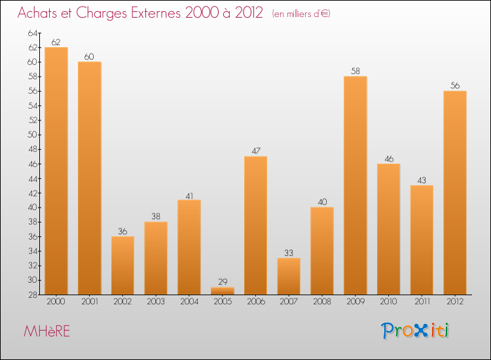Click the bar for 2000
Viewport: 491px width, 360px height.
pos(56,170)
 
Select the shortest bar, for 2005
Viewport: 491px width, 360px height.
pos(223,291)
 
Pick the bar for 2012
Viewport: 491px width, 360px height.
pos(455,192)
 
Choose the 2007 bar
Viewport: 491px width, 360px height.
pos(289,276)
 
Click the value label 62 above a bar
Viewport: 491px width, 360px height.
pos(56,42)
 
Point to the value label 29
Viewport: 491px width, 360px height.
pos(223,282)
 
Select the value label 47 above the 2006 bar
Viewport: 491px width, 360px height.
pos(256,151)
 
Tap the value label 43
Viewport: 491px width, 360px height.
pos(422,180)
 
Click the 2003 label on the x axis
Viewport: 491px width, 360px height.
pos(156,301)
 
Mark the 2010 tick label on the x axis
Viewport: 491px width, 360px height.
pos(388,301)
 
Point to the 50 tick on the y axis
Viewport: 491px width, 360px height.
pos(33,135)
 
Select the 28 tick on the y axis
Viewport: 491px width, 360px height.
pos(33,295)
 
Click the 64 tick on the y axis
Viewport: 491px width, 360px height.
pos(33,33)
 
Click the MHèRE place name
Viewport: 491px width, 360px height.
pos(46,331)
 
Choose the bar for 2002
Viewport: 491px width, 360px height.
pos(122,265)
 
